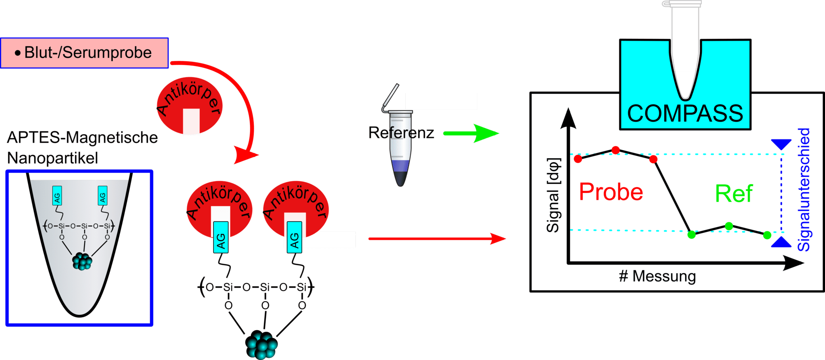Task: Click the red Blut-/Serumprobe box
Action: tap(84, 53)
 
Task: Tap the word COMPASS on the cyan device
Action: tap(685, 114)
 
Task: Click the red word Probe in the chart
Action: tap(611, 192)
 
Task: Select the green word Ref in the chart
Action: tap(734, 194)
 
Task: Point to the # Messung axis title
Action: tap(657, 277)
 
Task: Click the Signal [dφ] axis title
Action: tap(553, 195)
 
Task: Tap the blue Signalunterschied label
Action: tap(804, 189)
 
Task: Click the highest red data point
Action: tap(616, 150)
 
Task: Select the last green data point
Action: tap(767, 235)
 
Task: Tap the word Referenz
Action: tap(401, 133)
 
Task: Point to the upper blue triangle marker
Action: tap(781, 144)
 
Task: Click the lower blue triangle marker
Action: tap(781, 242)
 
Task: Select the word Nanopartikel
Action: tap(52, 158)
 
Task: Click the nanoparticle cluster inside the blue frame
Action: tap(82, 261)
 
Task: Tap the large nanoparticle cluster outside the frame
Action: tap(261, 345)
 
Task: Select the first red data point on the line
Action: tap(578, 159)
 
